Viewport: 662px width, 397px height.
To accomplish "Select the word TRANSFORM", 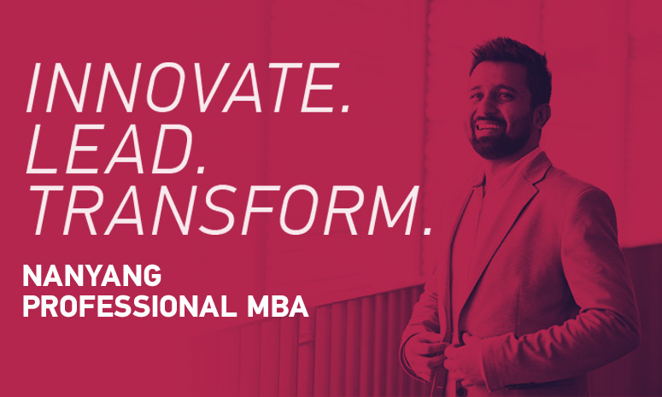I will click(x=218, y=211).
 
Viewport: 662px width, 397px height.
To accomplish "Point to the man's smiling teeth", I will click(x=486, y=126).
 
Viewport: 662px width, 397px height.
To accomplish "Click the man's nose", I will click(x=484, y=108).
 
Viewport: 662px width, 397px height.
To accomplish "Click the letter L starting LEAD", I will click(x=39, y=150).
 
